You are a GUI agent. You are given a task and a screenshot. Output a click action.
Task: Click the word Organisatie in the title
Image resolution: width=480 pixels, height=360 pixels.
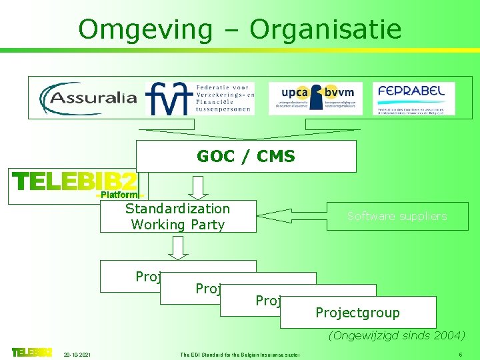(326, 29)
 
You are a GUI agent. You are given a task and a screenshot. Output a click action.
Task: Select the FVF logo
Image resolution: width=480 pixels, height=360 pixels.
(199, 98)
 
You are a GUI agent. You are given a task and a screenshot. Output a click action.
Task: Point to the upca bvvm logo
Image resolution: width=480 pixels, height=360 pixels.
(315, 98)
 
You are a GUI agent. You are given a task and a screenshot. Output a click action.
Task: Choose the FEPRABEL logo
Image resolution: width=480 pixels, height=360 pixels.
(413, 98)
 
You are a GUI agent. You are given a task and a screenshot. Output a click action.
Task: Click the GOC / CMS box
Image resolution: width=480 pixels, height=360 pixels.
(246, 156)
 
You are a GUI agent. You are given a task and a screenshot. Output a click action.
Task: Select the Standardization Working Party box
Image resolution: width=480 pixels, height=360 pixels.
(178, 217)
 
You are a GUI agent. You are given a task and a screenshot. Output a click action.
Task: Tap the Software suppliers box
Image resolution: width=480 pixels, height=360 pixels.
(397, 216)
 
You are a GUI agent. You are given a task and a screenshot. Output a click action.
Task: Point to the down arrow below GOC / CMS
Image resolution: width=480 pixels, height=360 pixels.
(198, 187)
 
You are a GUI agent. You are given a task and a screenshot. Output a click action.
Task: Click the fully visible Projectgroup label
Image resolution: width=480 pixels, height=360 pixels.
(358, 313)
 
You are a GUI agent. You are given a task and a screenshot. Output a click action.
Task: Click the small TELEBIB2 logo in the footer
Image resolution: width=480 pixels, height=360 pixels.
(31, 352)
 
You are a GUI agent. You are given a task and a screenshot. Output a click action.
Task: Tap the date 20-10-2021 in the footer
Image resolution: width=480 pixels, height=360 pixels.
(78, 353)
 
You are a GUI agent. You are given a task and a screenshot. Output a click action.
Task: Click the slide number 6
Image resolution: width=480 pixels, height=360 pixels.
(461, 353)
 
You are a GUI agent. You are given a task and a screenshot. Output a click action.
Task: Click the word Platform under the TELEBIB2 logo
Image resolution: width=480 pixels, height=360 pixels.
(119, 195)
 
